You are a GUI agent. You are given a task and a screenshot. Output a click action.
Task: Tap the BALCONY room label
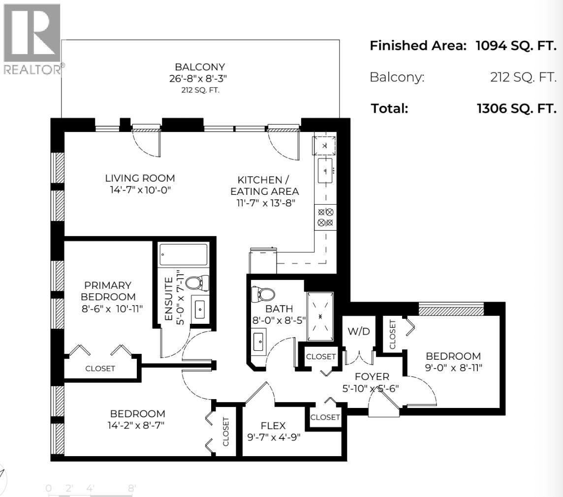pyautogui.click(x=200, y=67)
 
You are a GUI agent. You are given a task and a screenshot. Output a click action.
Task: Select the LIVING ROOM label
pyautogui.click(x=140, y=178)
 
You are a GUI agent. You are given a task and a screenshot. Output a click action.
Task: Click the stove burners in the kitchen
pyautogui.click(x=325, y=217)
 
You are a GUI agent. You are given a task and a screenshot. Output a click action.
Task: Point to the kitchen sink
pyautogui.click(x=325, y=170)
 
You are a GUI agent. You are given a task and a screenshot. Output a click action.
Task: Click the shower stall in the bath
pyautogui.click(x=320, y=316)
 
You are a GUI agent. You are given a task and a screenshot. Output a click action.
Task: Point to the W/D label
pyautogui.click(x=359, y=332)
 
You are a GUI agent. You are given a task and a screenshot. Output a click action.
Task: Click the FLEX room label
pyautogui.click(x=273, y=425)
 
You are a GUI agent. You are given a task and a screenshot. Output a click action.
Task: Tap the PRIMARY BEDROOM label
pyautogui.click(x=108, y=291)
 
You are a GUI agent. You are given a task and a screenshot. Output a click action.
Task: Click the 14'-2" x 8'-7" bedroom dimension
pyautogui.click(x=137, y=425)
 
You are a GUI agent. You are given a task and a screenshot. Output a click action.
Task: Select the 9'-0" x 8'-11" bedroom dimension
pyautogui.click(x=453, y=367)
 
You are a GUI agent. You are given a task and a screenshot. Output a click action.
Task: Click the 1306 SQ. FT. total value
pyautogui.click(x=517, y=109)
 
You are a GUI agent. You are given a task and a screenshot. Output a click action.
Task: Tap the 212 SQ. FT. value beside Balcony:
pyautogui.click(x=523, y=77)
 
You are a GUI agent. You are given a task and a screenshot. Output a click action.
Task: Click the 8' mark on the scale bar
pyautogui.click(x=132, y=489)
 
